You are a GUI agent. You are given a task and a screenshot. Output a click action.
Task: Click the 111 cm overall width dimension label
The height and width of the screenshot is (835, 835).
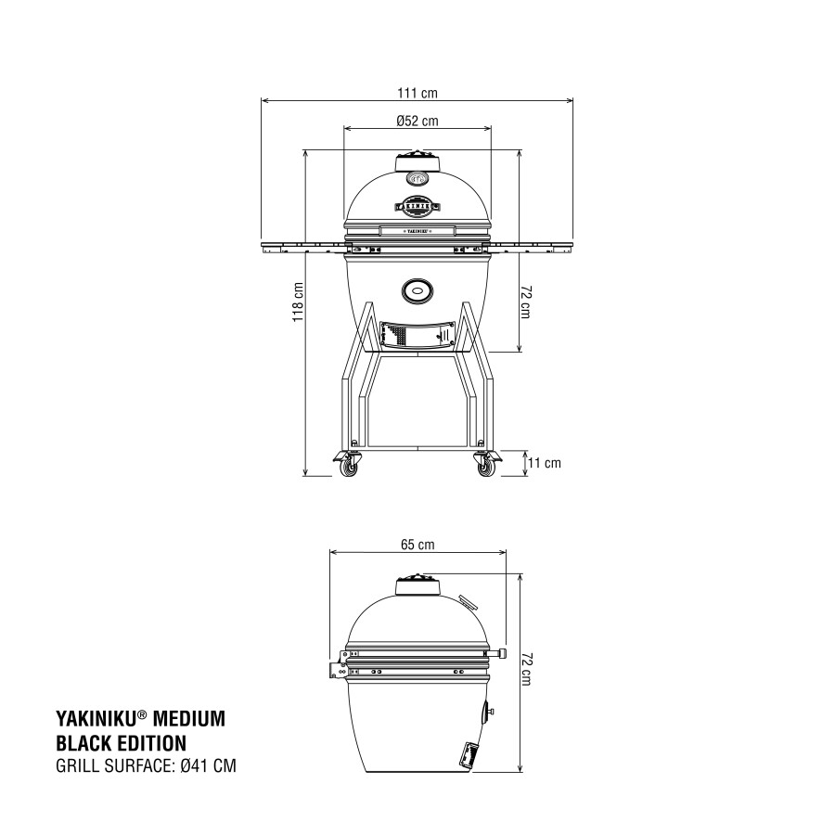pyautogui.click(x=417, y=93)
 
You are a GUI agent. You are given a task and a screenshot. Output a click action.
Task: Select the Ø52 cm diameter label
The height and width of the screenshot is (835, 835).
pyautogui.click(x=417, y=121)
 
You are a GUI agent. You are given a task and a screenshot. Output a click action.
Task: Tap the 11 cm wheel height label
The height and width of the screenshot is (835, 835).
pyautogui.click(x=546, y=463)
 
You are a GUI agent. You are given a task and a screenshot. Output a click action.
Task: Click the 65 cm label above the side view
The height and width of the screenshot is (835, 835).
pyautogui.click(x=417, y=545)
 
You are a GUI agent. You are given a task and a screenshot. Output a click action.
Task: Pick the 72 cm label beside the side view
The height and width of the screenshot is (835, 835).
pyautogui.click(x=528, y=668)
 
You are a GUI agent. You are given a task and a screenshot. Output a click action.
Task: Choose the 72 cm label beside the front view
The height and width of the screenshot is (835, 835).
pyautogui.click(x=525, y=302)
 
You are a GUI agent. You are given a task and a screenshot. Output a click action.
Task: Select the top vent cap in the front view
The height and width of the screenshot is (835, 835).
pyautogui.click(x=417, y=161)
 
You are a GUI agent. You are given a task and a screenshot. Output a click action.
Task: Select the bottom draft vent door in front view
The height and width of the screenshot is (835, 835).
pyautogui.click(x=417, y=334)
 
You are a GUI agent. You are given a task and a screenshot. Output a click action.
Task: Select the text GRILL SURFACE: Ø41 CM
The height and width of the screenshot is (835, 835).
pyautogui.click(x=139, y=766)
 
